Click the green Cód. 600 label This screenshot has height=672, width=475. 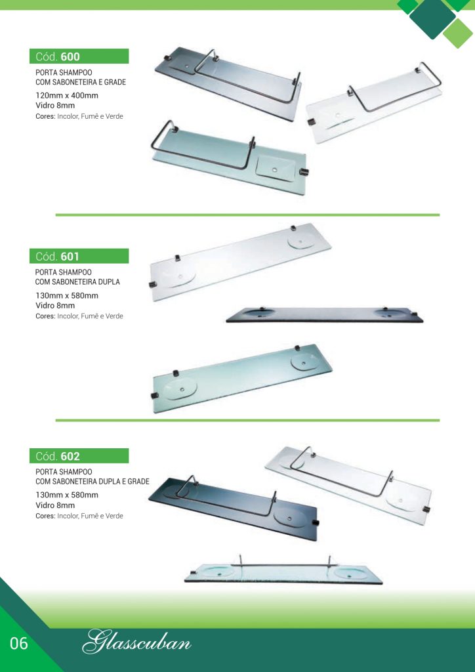point(79,56)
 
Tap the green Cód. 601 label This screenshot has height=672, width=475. point(79,256)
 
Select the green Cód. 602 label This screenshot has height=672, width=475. point(79,455)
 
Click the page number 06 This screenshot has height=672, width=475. point(18,643)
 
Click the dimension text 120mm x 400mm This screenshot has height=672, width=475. point(67,95)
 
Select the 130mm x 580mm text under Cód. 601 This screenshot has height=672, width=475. point(67,295)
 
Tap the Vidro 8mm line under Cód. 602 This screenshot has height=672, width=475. point(55,505)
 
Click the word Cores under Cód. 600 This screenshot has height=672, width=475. point(45,116)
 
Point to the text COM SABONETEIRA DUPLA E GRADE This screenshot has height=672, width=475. point(93,481)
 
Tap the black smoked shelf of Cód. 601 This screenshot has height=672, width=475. point(324,314)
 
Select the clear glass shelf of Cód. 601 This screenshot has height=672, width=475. point(241,261)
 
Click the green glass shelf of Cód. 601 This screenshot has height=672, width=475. point(243,379)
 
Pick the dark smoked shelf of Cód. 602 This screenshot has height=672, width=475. point(234,508)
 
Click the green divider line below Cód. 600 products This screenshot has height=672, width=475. point(247,215)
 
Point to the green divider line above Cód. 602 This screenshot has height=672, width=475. point(247,421)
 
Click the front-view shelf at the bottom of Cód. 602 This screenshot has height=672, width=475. point(283,572)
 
